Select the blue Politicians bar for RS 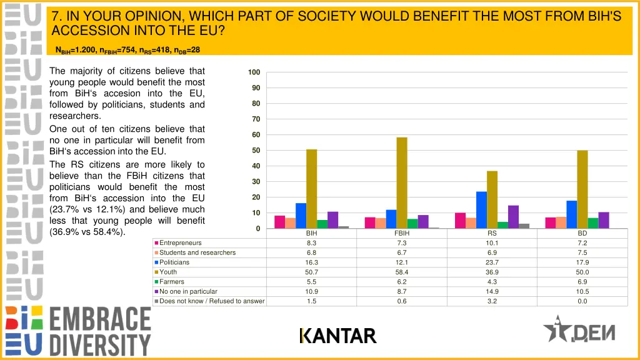(481, 210)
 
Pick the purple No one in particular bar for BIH (332, 220)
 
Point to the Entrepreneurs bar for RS (460, 221)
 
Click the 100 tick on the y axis (253, 72)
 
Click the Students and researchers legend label (197, 252)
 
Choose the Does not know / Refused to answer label (212, 301)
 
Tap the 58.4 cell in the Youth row (402, 272)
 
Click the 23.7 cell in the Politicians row (492, 262)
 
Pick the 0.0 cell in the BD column (582, 301)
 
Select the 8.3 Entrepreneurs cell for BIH (311, 243)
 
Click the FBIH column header (402, 233)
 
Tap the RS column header (492, 233)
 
